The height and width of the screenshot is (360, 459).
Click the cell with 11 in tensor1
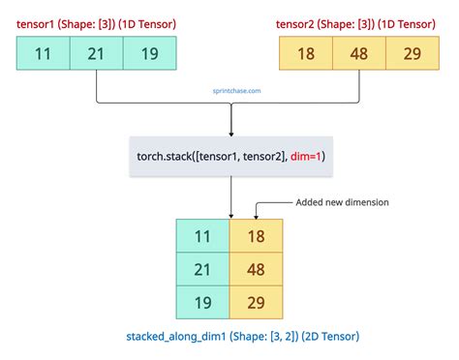(x=44, y=54)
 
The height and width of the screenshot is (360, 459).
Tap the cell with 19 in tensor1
(x=150, y=54)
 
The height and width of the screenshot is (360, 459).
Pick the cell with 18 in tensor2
(x=305, y=54)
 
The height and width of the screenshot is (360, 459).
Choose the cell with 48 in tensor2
(x=359, y=54)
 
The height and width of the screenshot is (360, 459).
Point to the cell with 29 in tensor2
(x=412, y=54)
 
